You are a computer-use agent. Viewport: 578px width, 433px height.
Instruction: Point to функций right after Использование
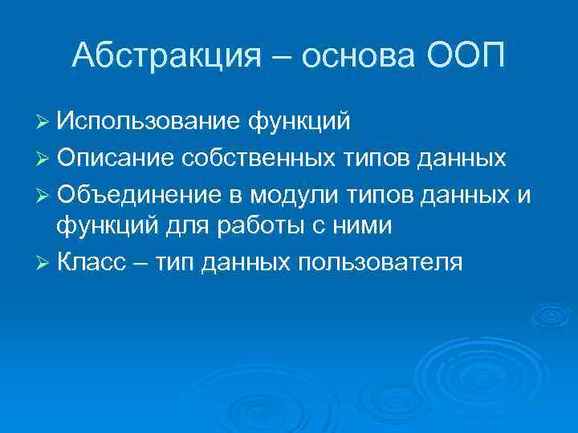pyautogui.click(x=299, y=121)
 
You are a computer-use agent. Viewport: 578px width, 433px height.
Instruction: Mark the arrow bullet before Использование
pyautogui.click(x=43, y=122)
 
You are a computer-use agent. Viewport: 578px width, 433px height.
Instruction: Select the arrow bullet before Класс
pyautogui.click(x=43, y=262)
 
